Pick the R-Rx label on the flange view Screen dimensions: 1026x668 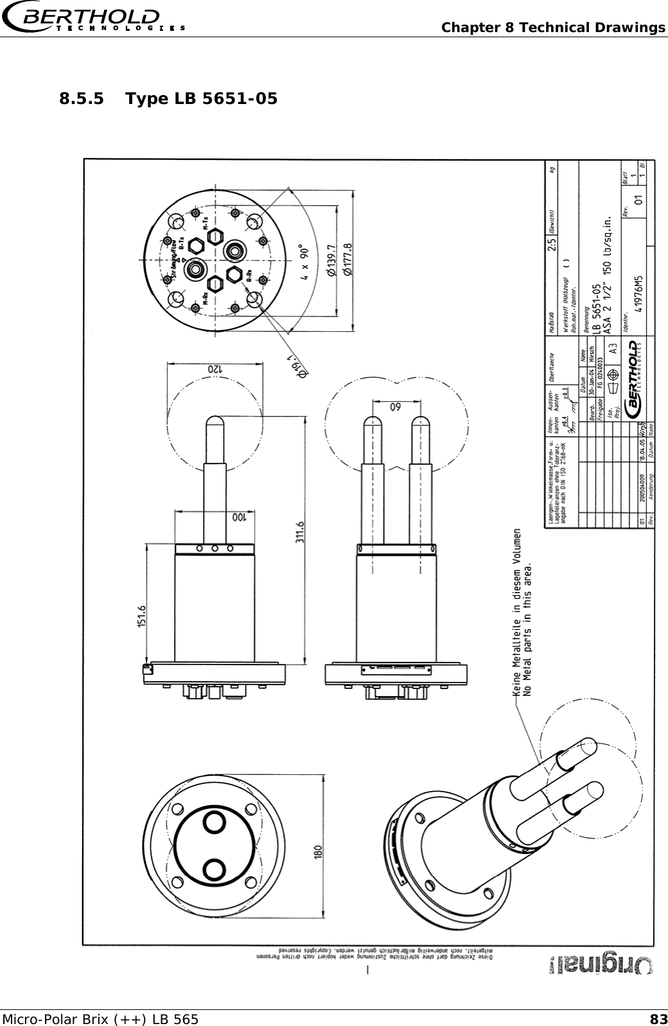(x=249, y=276)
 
